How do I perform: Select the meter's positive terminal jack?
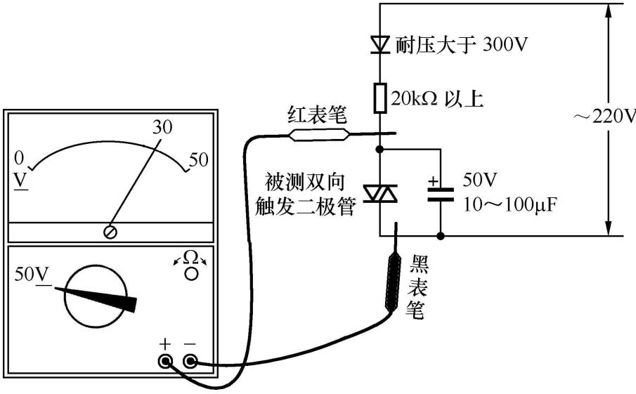pyautogui.click(x=166, y=362)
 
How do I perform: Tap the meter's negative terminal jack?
pyautogui.click(x=190, y=362)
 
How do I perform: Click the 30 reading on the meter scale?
pyautogui.click(x=162, y=126)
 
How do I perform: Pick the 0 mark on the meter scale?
pyautogui.click(x=20, y=157)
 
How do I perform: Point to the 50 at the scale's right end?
pyautogui.click(x=199, y=159)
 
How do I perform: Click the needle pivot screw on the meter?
pyautogui.click(x=110, y=232)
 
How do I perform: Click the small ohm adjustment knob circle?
pyautogui.click(x=190, y=273)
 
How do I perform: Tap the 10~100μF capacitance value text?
pyautogui.click(x=506, y=204)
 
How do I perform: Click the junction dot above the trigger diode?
pyautogui.click(x=379, y=149)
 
